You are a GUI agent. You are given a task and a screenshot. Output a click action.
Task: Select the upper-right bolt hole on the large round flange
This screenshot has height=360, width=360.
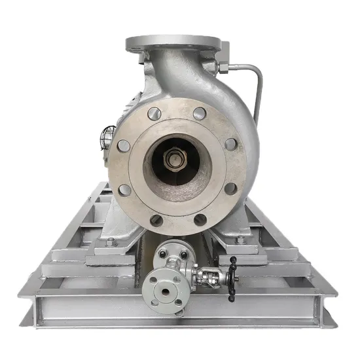coord(200,113)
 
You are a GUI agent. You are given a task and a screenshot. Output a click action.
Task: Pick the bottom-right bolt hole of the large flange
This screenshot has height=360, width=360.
coord(200,220)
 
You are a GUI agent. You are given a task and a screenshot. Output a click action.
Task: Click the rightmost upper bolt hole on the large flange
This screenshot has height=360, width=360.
coord(230,144)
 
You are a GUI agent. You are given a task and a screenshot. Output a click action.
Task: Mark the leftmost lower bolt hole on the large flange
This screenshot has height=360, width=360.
coord(124,190)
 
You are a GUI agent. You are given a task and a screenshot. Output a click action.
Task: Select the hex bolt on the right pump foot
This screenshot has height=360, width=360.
coord(240,241)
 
